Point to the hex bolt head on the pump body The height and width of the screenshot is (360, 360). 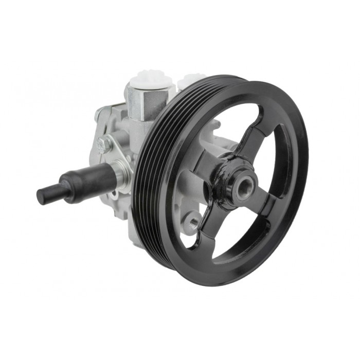[x=105, y=145]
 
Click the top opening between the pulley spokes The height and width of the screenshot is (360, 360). [x=226, y=129]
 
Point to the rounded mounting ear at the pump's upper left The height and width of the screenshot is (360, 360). [x=100, y=116]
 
